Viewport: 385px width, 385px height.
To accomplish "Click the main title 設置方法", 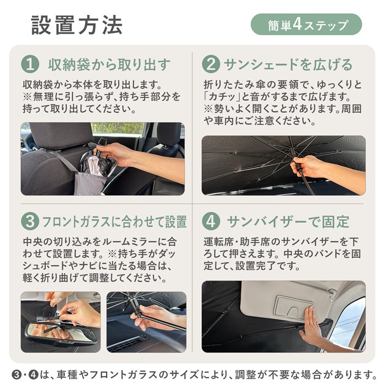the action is point(77,25).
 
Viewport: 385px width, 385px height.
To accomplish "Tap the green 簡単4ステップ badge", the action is point(306,24).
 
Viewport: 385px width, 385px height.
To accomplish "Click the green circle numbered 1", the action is point(30,64).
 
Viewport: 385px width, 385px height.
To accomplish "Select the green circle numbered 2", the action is point(211,64).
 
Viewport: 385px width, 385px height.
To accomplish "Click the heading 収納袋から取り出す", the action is point(109,64).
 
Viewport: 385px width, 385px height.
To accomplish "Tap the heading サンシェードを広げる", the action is point(288,64).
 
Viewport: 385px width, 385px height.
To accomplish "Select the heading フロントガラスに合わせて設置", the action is point(114,222).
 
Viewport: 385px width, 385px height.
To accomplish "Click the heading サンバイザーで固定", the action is point(288,222).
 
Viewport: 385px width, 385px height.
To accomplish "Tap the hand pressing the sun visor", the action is point(311,324).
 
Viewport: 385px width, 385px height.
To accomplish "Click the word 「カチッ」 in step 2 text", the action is point(222,97).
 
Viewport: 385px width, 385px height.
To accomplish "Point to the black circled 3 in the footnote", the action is point(16,375).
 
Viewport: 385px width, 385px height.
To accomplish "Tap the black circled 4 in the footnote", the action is point(34,375).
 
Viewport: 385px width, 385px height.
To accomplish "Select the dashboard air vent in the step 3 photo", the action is point(128,343).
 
